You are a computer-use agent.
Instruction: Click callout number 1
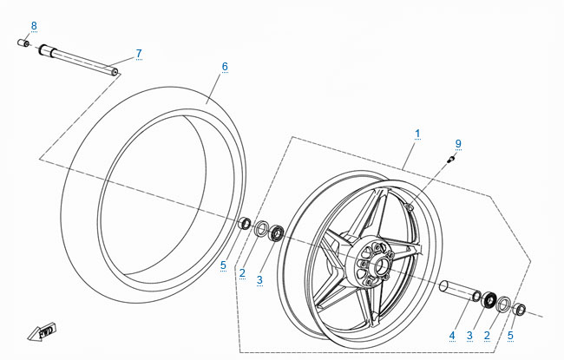pos(417,134)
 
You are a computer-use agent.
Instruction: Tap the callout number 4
pos(452,335)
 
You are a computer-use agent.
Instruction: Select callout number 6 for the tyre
pos(224,67)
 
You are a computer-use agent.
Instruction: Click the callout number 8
pos(34,24)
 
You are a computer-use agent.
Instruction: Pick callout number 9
pos(458,143)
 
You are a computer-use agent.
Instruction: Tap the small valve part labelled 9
pos(449,159)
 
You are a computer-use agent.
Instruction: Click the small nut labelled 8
pos(24,43)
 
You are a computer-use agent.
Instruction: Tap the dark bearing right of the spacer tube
pos(489,300)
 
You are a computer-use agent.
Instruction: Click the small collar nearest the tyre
pos(246,225)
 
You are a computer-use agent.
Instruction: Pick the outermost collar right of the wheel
pos(520,308)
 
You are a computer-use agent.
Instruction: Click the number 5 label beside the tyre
pos(223,265)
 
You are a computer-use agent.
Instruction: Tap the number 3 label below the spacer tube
pos(470,335)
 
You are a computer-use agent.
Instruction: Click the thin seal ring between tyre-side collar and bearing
pos(260,228)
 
